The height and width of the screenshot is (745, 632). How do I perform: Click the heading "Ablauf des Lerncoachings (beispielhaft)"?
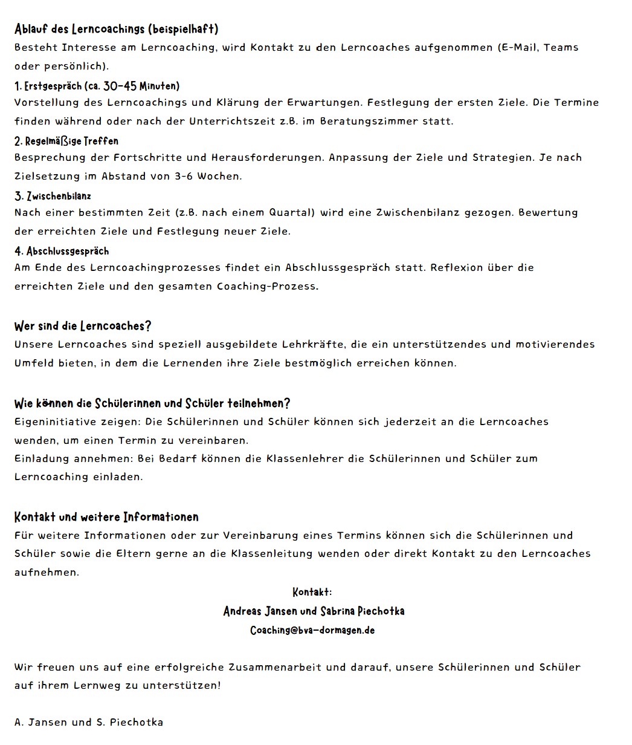(x=117, y=29)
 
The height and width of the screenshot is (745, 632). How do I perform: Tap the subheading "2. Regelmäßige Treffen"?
(x=66, y=141)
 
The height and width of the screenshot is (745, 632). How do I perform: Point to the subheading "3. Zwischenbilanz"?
(x=53, y=196)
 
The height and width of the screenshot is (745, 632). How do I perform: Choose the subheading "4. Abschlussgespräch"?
(x=62, y=251)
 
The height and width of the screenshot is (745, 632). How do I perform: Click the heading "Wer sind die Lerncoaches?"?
(x=83, y=326)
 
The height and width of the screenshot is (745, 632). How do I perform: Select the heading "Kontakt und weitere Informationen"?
(x=106, y=517)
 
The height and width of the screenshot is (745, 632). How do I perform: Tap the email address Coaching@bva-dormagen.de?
(x=312, y=630)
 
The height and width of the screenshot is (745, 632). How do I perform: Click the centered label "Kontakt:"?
(x=312, y=591)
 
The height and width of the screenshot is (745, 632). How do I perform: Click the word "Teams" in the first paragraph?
(x=561, y=47)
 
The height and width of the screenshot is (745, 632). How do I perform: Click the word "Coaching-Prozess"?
(x=268, y=287)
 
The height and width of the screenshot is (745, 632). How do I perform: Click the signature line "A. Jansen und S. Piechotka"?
(x=89, y=723)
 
